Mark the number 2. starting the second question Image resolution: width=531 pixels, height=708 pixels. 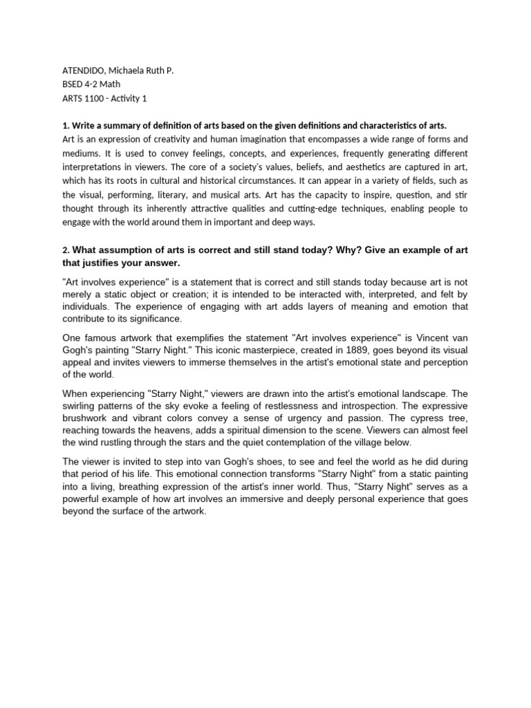pos(66,250)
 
